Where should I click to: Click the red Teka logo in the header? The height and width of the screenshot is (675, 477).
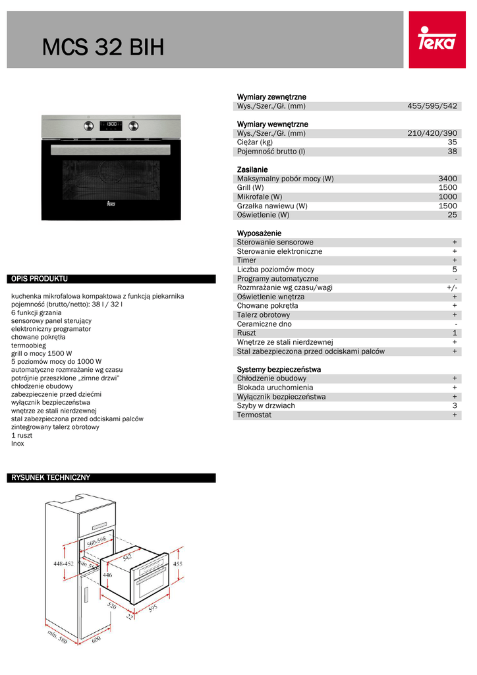coord(437,40)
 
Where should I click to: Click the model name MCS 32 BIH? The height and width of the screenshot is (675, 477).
coord(103,47)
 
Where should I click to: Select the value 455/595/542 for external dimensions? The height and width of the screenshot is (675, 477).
coord(432,106)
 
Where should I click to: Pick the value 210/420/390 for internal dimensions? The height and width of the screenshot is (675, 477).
coord(432,133)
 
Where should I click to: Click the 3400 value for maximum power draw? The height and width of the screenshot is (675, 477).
coord(447,179)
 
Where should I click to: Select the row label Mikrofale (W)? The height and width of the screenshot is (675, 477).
coord(260,196)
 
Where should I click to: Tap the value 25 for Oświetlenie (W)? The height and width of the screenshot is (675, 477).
coord(452,215)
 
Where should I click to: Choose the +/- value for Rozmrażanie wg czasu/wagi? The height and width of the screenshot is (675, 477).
coord(451,287)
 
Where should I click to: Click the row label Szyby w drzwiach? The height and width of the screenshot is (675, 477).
coord(266,405)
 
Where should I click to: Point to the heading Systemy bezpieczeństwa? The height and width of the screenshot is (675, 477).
coord(279,369)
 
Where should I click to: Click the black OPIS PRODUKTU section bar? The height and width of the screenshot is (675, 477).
coord(111,279)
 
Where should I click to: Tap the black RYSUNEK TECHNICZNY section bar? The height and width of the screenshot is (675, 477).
coord(111,478)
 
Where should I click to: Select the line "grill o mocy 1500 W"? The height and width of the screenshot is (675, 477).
coord(42,353)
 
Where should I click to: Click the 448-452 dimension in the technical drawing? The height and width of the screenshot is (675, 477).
coord(63,564)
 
